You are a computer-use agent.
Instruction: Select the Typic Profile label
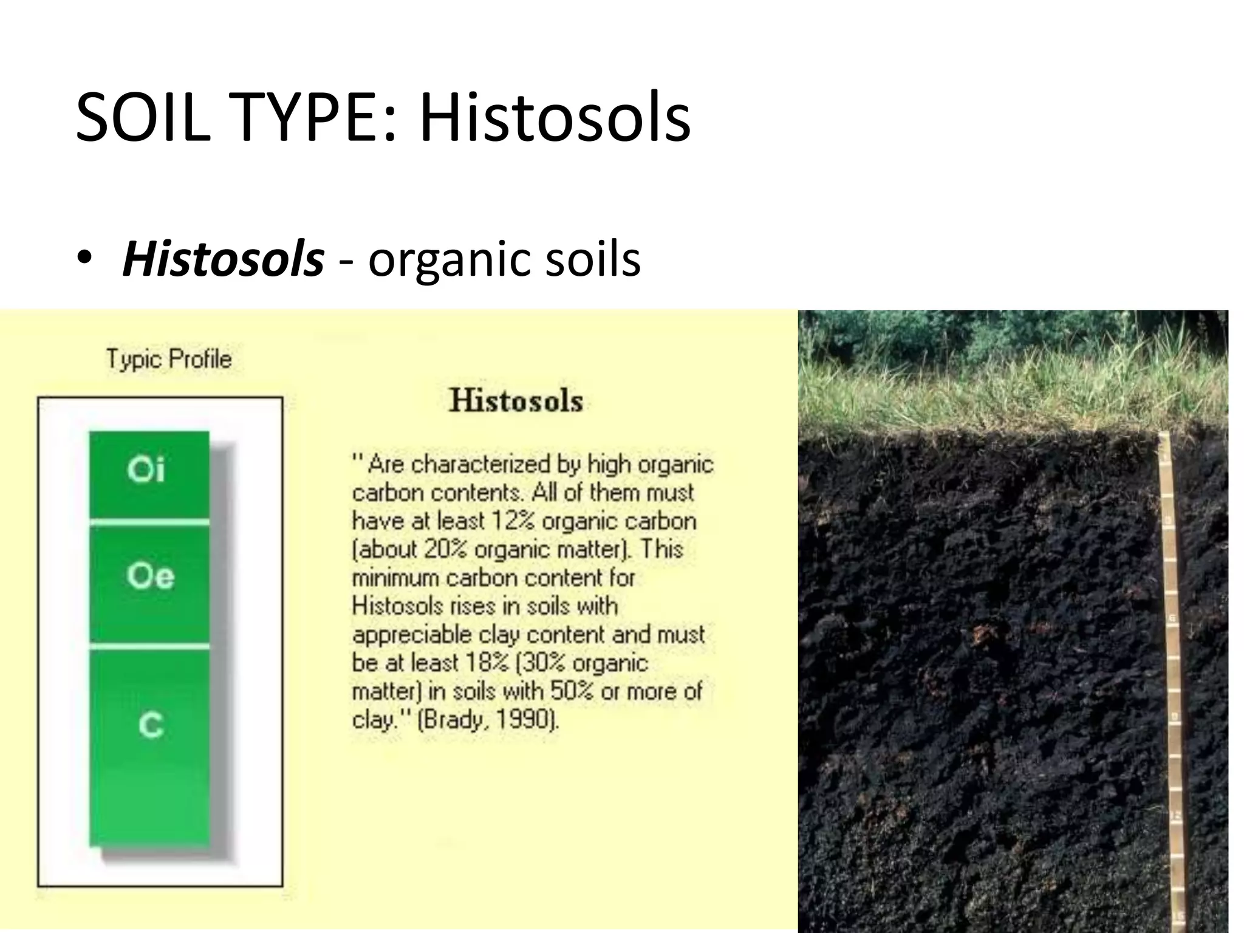[x=169, y=359]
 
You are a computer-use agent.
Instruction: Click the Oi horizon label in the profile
[x=146, y=470]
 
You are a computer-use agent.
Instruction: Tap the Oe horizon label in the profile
[x=150, y=575]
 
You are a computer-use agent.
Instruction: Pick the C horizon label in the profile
[x=151, y=725]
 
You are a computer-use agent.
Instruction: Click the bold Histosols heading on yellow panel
[x=516, y=401]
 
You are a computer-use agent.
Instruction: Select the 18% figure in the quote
[x=486, y=663]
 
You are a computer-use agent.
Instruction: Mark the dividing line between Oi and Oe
[x=149, y=522]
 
